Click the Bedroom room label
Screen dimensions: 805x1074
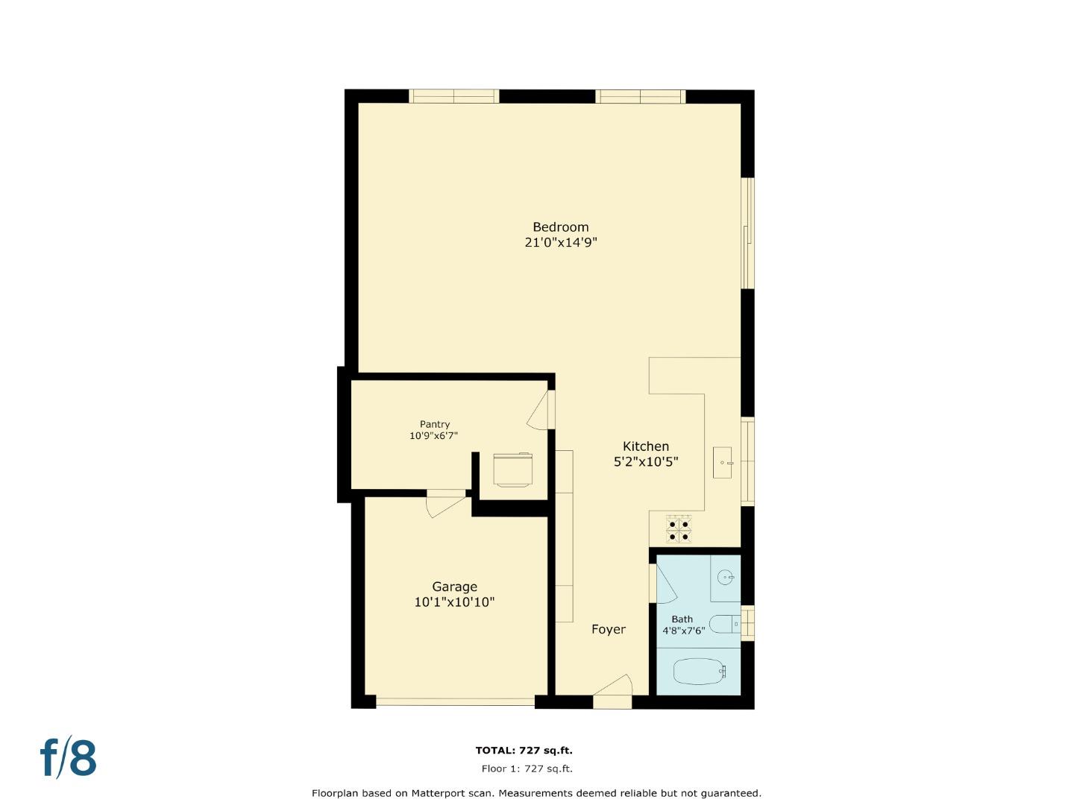(x=560, y=227)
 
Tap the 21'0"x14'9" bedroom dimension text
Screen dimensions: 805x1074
(x=561, y=243)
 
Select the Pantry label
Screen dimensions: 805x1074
(x=434, y=424)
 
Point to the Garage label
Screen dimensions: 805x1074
(x=454, y=587)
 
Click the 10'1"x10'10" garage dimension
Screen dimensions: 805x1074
(x=454, y=602)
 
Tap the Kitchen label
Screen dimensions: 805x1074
(x=646, y=446)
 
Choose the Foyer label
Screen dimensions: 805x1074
(x=609, y=629)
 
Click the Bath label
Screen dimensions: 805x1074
(x=682, y=619)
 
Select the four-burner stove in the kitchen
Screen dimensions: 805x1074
(x=679, y=528)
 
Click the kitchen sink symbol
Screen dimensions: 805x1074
(x=723, y=462)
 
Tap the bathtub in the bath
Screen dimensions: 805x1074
(x=700, y=672)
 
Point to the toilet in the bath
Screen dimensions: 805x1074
(x=724, y=623)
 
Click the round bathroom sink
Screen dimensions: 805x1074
(x=726, y=577)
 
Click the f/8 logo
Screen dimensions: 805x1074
(x=68, y=758)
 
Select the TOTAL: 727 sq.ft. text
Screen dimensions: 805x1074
(x=524, y=751)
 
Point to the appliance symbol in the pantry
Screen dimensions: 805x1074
(x=513, y=470)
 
